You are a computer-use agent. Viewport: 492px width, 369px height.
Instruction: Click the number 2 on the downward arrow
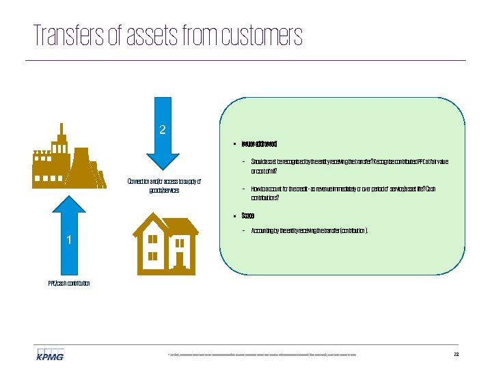coord(163,129)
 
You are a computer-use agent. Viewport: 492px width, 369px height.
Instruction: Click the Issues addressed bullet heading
coord(259,145)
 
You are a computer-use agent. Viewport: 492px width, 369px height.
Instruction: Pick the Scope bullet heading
coord(248,216)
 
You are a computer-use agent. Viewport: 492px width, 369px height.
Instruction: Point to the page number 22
coord(456,354)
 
